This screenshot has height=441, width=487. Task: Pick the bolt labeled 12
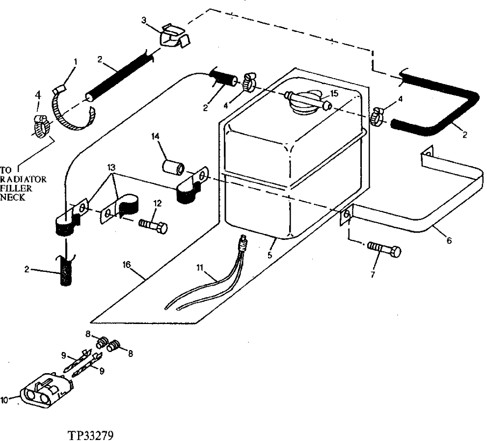click(x=154, y=227)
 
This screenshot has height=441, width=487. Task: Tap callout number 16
click(x=127, y=265)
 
